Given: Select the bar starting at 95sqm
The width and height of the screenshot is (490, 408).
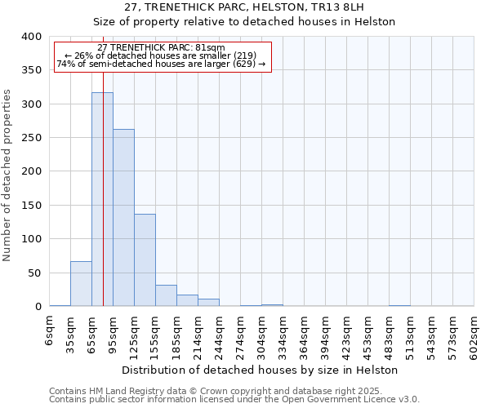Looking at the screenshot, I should pos(123,218).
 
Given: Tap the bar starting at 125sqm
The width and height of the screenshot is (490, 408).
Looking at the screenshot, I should pos(145,259).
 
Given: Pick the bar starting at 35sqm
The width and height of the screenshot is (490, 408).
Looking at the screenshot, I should pos(81,284).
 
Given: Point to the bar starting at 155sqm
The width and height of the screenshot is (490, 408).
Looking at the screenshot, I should pos(166,295).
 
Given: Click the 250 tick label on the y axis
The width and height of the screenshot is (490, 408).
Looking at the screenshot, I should pos(30,138).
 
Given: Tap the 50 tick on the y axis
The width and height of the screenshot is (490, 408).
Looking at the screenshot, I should pos(33,273).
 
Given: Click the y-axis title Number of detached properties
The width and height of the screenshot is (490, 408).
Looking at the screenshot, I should pos(7,171).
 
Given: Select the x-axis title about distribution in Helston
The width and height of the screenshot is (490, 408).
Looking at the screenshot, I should pos(261,370).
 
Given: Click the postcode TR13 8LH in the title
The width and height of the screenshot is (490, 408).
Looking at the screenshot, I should pos(350,7).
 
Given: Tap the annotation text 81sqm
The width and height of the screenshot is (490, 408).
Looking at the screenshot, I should pos(211,48).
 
